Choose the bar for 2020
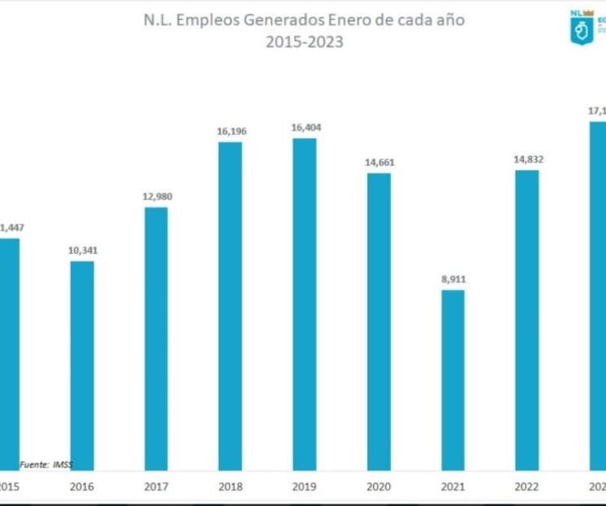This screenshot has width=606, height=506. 378,321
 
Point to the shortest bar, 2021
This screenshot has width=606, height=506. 452,379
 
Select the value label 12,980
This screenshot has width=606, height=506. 156,197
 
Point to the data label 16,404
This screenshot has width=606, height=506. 304,127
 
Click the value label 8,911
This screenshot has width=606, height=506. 452,279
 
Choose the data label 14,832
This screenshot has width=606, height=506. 526,159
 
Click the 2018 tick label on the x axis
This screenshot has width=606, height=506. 230,486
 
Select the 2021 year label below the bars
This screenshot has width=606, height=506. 452,486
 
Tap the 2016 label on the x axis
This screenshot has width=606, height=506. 82,486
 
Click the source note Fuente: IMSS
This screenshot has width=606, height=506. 46,464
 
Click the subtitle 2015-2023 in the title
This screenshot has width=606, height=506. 303,42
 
